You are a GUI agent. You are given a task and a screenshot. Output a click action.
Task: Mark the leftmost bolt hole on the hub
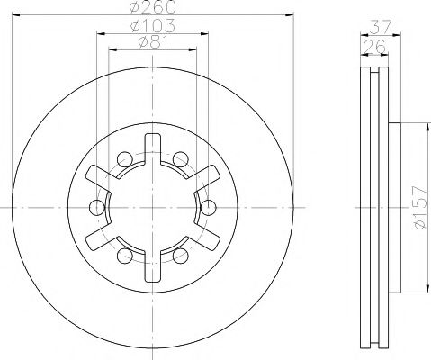coord(96,208)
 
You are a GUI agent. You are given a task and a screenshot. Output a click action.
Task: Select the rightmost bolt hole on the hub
coord(210,208)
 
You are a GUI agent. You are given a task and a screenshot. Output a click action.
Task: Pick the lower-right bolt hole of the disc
coord(181,256)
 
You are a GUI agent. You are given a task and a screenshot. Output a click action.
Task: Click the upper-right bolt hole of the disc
coord(181,159)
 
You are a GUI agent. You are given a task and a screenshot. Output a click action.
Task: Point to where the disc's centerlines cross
coord(153,208)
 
